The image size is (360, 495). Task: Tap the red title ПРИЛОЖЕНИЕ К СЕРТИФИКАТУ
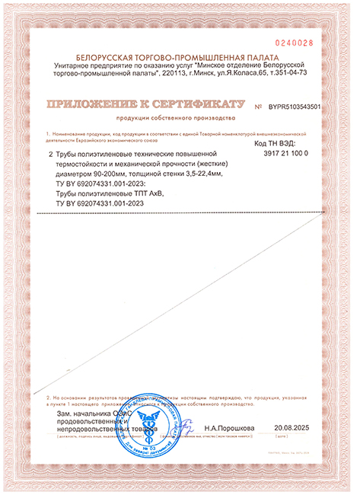pyautogui.click(x=145, y=104)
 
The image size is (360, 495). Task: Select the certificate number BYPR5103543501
pyautogui.click(x=295, y=107)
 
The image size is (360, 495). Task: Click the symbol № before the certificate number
pyautogui.click(x=260, y=107)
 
